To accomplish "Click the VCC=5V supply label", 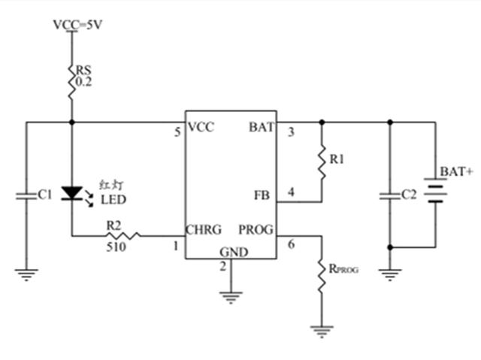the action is (77, 25).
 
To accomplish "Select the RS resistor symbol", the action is (72, 82).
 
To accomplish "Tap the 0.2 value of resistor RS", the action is (83, 82).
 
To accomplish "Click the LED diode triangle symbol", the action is (72, 193).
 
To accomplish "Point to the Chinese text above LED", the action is (112, 185).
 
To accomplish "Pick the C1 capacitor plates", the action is (26, 196).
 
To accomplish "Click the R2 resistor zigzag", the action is (123, 236).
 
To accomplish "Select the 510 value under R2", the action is (116, 247).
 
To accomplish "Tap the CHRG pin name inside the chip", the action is (204, 230).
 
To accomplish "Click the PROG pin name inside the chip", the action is (256, 230).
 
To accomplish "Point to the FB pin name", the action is (262, 195).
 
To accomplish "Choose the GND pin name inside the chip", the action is (234, 252).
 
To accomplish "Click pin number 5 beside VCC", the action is (178, 132).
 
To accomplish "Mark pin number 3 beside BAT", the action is (291, 132).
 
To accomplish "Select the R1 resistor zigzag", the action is (322, 162).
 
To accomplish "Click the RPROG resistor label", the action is (343, 269).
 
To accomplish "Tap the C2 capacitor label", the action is (409, 195).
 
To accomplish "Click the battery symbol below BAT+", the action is (435, 190).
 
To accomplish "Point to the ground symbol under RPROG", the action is (322, 331).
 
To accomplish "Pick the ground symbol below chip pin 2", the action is (231, 298).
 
